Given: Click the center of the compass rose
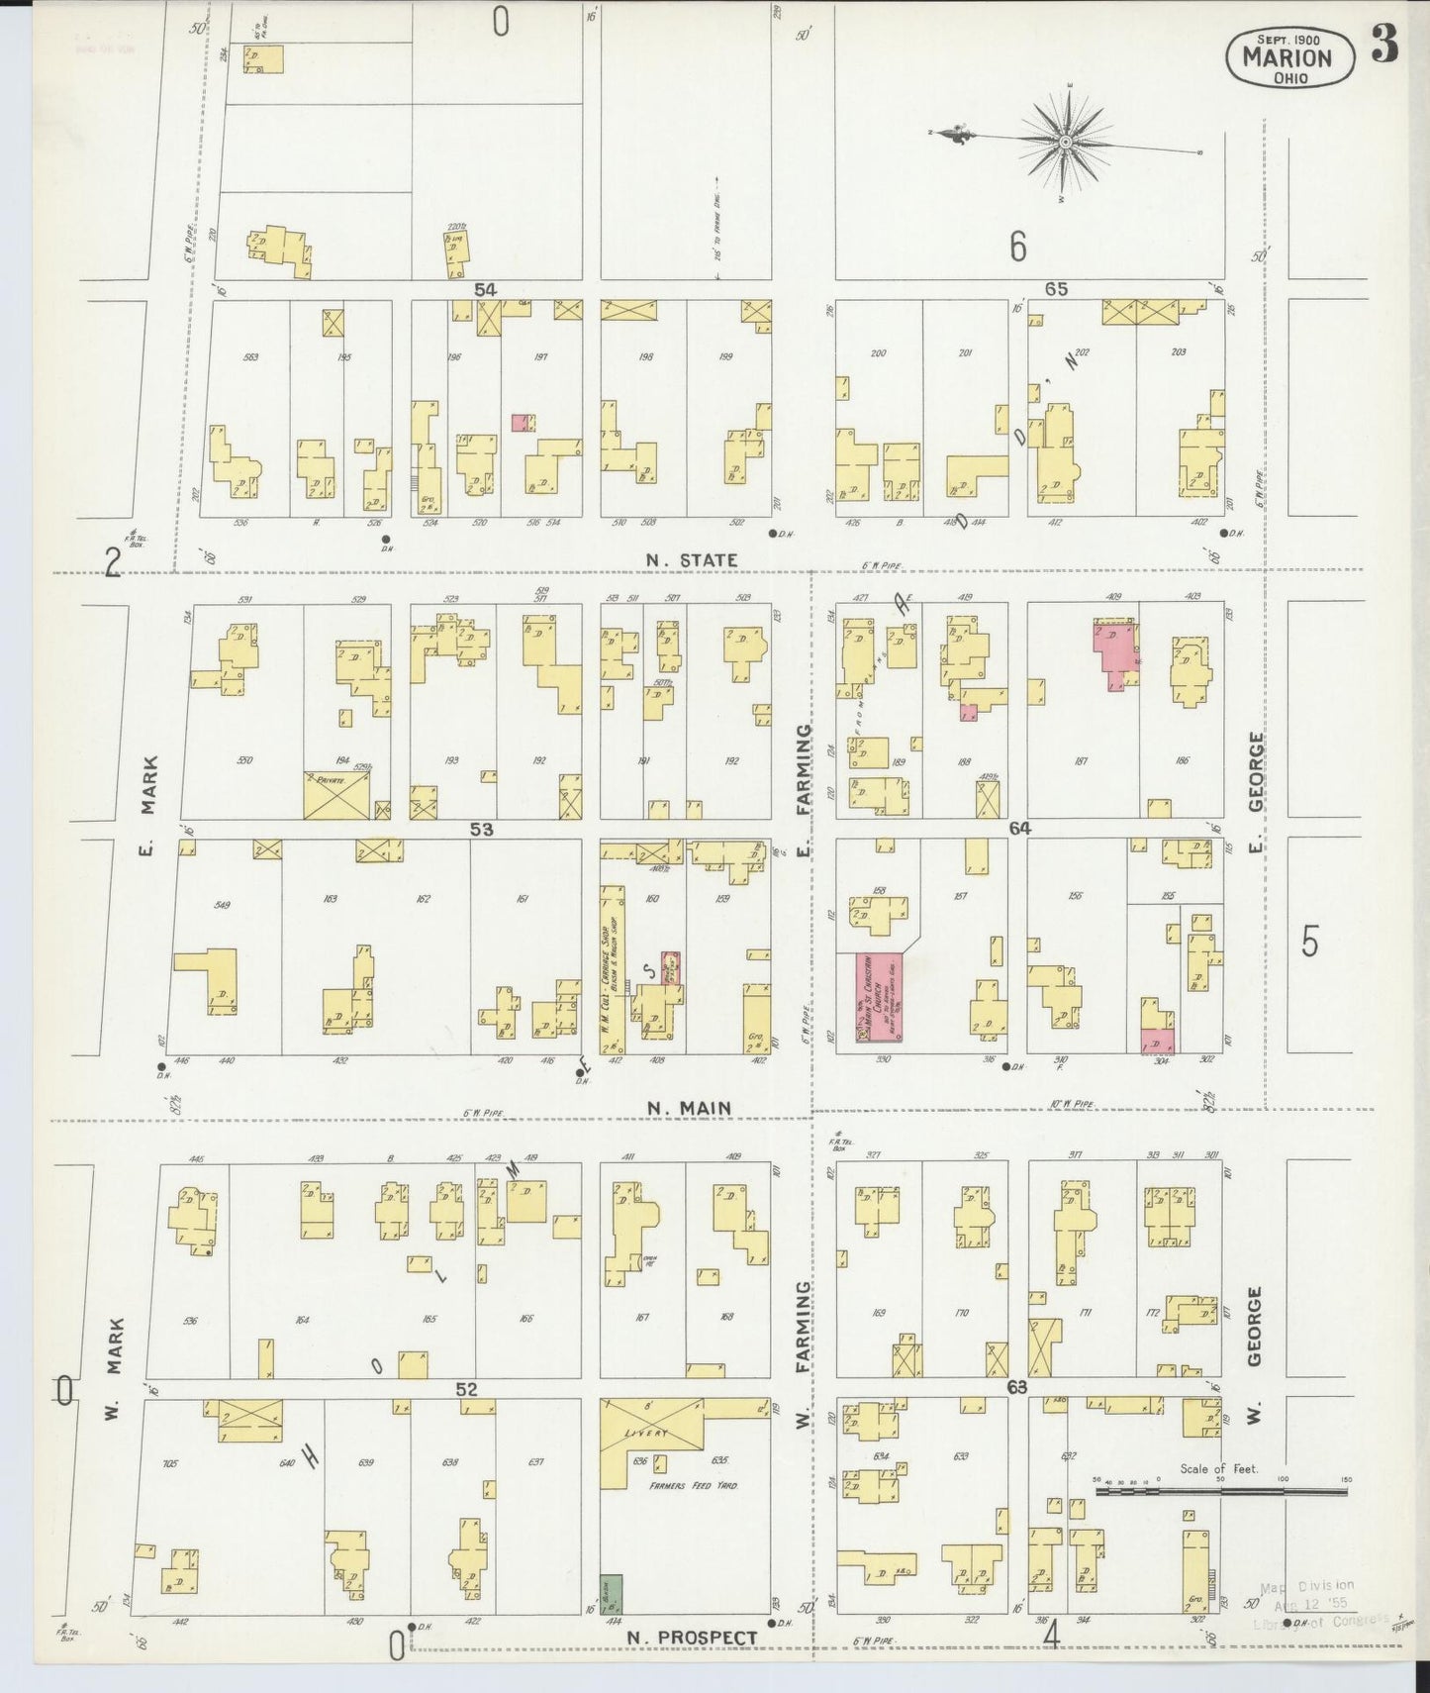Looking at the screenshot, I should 1066,143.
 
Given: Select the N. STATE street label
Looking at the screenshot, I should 691,560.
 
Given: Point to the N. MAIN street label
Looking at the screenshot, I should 689,1108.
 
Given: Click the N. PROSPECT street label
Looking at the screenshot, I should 692,1638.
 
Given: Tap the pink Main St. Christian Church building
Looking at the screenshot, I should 879,997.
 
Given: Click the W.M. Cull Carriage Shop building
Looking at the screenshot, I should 613,970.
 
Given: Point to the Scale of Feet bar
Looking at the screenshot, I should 1220,1490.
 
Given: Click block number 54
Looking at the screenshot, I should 484,289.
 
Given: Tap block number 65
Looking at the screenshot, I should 1056,289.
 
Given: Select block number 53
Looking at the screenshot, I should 481,830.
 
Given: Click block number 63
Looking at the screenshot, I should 1016,1388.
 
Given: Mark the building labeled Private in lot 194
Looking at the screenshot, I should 336,795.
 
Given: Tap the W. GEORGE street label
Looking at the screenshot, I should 1254,1327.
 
